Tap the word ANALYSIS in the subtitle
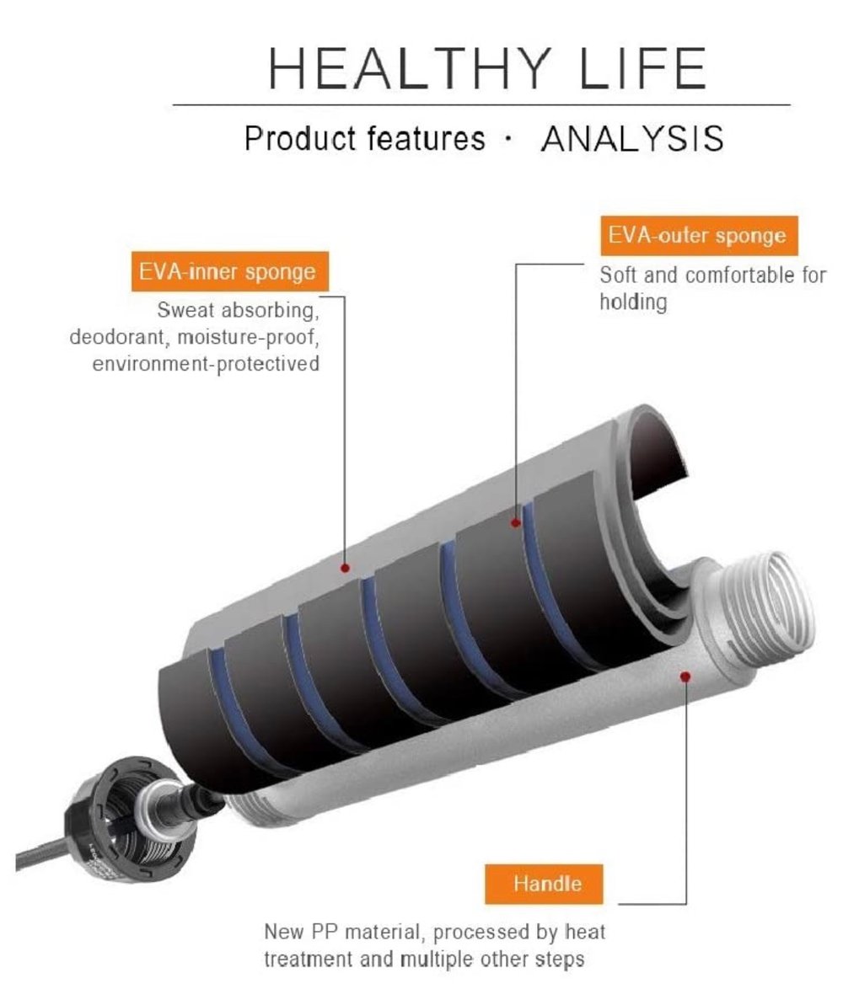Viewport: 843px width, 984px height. click(x=632, y=139)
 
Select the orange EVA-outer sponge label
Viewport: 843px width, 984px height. click(x=699, y=236)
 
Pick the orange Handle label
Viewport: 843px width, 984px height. click(x=547, y=884)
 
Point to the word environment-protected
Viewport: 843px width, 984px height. click(x=206, y=364)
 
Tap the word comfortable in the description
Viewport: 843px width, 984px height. click(x=728, y=275)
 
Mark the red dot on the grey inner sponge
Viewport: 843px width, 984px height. click(x=345, y=569)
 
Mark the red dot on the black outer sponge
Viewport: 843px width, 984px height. click(x=515, y=522)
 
